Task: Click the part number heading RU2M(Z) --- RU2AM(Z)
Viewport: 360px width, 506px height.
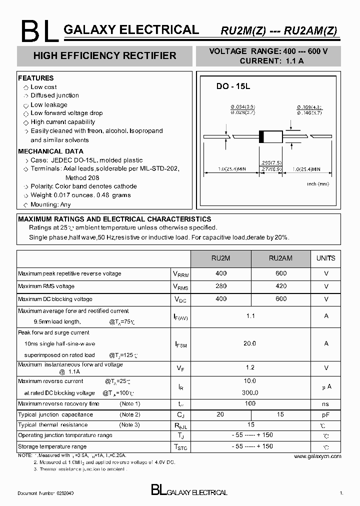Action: [x=279, y=30]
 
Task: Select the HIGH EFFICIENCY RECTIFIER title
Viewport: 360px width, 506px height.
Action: [x=104, y=55]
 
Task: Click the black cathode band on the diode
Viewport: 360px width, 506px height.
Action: [x=260, y=136]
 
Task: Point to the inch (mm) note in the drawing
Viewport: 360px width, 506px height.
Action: [x=318, y=184]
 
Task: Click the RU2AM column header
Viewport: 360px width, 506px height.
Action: [x=280, y=258]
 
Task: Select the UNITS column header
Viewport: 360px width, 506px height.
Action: [x=326, y=258]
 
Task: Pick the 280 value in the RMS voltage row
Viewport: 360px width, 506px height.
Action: [x=220, y=286]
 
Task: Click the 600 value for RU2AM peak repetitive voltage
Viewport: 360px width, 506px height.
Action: [x=281, y=273]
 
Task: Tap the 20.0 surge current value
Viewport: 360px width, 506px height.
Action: [x=250, y=343]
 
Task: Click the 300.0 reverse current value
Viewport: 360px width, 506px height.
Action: [x=250, y=392]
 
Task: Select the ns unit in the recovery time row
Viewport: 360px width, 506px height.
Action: [x=326, y=403]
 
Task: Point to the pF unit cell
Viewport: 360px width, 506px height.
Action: [x=326, y=414]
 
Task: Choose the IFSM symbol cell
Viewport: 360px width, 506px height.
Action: [x=180, y=344]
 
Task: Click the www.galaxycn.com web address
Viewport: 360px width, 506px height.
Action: [x=317, y=456]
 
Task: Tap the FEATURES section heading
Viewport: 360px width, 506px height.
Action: [x=35, y=78]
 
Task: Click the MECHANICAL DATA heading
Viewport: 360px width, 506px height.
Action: [x=50, y=151]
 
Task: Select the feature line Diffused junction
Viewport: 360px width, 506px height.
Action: [x=54, y=95]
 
